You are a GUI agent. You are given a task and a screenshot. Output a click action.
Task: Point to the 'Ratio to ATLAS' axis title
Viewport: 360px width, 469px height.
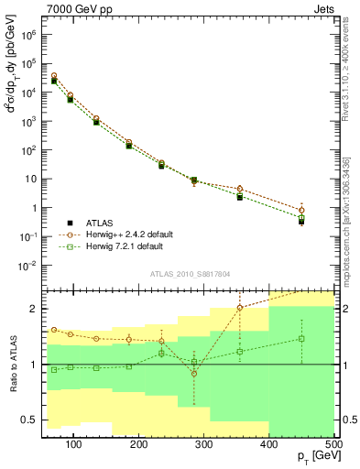coord(12,365)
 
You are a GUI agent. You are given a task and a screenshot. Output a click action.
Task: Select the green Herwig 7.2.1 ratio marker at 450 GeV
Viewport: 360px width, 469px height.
coord(301,338)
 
